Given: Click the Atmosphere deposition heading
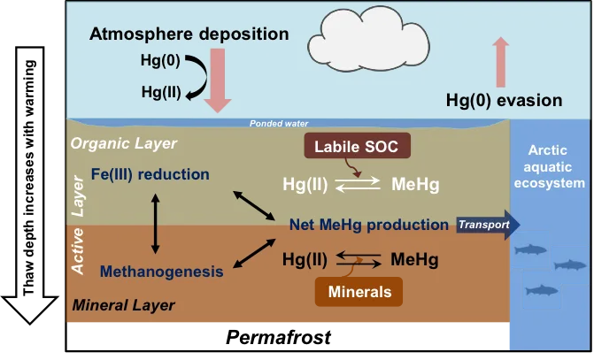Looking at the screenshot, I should pyautogui.click(x=189, y=34).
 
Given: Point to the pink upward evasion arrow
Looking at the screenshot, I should pyautogui.click(x=501, y=61).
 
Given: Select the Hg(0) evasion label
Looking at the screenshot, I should pyautogui.click(x=505, y=100).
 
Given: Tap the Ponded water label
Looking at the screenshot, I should pyautogui.click(x=279, y=124).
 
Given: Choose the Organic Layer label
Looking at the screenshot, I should pyautogui.click(x=124, y=143).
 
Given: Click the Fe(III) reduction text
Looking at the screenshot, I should pyautogui.click(x=150, y=173).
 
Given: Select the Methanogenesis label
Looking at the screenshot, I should pyautogui.click(x=162, y=272).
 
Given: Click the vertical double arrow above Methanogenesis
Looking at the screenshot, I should pyautogui.click(x=156, y=223).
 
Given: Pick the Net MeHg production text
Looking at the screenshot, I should pyautogui.click(x=368, y=225).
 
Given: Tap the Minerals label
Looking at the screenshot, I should pyautogui.click(x=359, y=291).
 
